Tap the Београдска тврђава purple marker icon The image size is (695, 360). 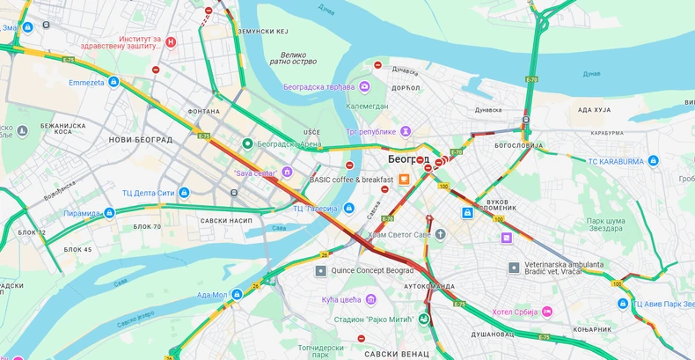click(363, 87)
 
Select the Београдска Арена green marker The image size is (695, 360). click(249, 143)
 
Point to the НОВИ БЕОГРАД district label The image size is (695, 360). click(140, 140)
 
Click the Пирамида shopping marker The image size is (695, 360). click(109, 213)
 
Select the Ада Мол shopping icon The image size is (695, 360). click(237, 295)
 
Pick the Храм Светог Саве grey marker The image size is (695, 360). click(441, 234)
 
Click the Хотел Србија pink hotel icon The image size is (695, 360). click(546, 312)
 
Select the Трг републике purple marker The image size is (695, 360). click(406, 131)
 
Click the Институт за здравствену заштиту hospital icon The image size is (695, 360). click(172, 41)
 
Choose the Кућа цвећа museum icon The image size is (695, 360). click(370, 299)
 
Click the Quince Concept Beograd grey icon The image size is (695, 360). click(321, 270)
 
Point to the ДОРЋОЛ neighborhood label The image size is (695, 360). click(406, 88)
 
